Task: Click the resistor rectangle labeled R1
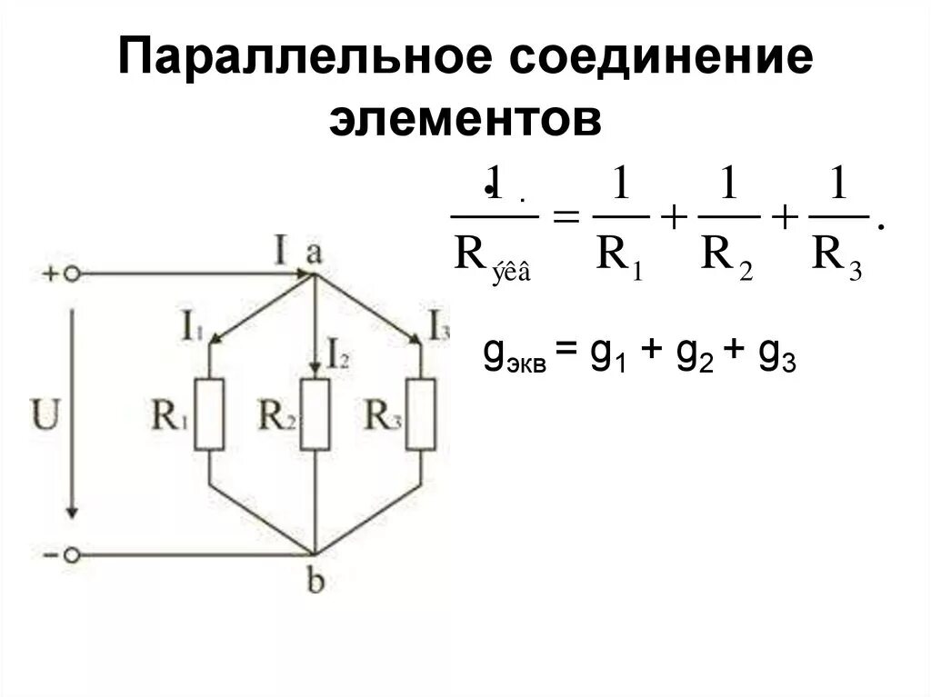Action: click(x=209, y=413)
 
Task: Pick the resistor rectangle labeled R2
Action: click(x=315, y=413)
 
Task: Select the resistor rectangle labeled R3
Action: click(x=420, y=413)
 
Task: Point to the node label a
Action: click(x=314, y=253)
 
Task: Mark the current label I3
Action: click(x=438, y=324)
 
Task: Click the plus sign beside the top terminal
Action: click(x=49, y=273)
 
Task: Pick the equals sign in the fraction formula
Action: click(x=566, y=219)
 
